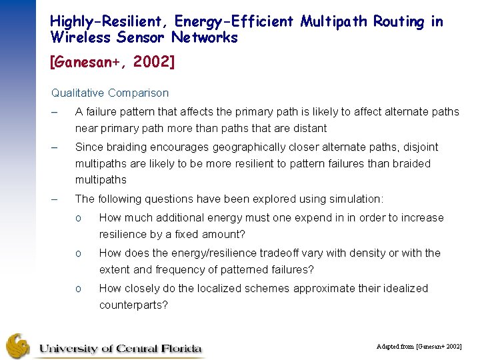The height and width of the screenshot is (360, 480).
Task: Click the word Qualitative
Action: click(77, 93)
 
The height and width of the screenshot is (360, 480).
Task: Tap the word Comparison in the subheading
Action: click(138, 93)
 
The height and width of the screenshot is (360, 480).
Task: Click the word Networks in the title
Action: click(204, 37)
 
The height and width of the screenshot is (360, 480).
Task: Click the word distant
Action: click(309, 128)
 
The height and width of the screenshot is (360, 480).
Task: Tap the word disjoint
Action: click(419, 147)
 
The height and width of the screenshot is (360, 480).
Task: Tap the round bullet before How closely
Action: click(78, 289)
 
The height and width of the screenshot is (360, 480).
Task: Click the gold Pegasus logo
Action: click(19, 345)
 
